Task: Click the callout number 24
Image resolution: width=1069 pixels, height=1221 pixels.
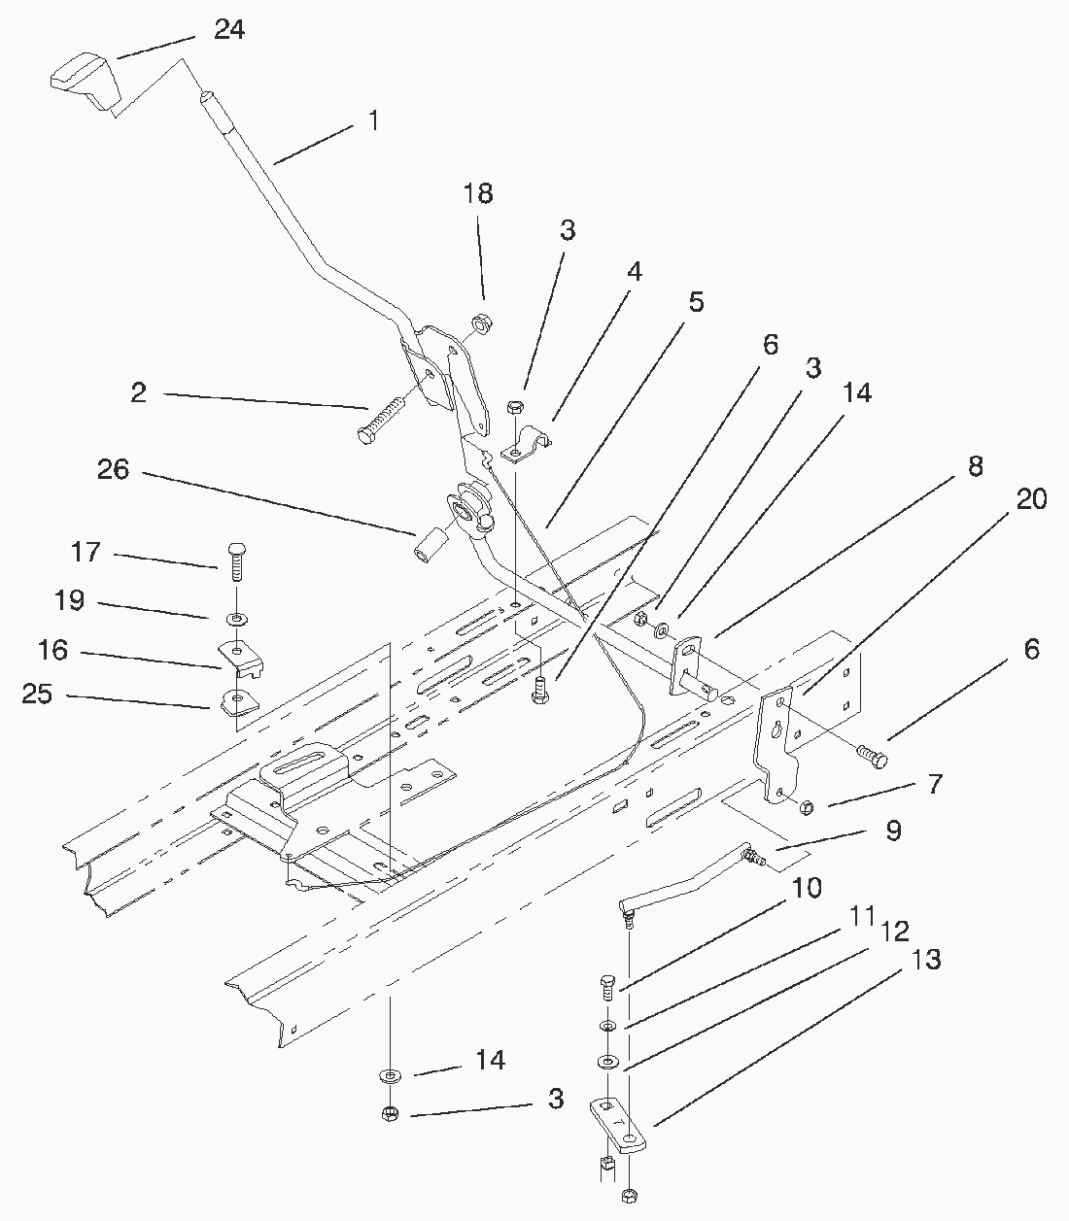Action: (x=229, y=30)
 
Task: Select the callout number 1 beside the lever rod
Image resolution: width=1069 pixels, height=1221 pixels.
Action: (x=373, y=121)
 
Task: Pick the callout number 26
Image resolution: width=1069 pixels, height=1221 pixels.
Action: (x=113, y=470)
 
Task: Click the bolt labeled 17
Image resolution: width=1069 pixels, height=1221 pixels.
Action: (x=235, y=560)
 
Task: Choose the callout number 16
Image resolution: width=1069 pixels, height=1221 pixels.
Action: (x=52, y=650)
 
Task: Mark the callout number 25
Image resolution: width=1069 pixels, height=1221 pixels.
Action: (x=38, y=695)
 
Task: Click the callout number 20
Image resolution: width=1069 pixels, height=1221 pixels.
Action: (x=1031, y=500)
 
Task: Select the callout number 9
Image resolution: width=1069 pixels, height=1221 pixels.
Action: (x=893, y=831)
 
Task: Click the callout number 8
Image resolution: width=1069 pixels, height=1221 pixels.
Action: (x=975, y=466)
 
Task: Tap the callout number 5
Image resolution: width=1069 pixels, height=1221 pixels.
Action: (x=696, y=302)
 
